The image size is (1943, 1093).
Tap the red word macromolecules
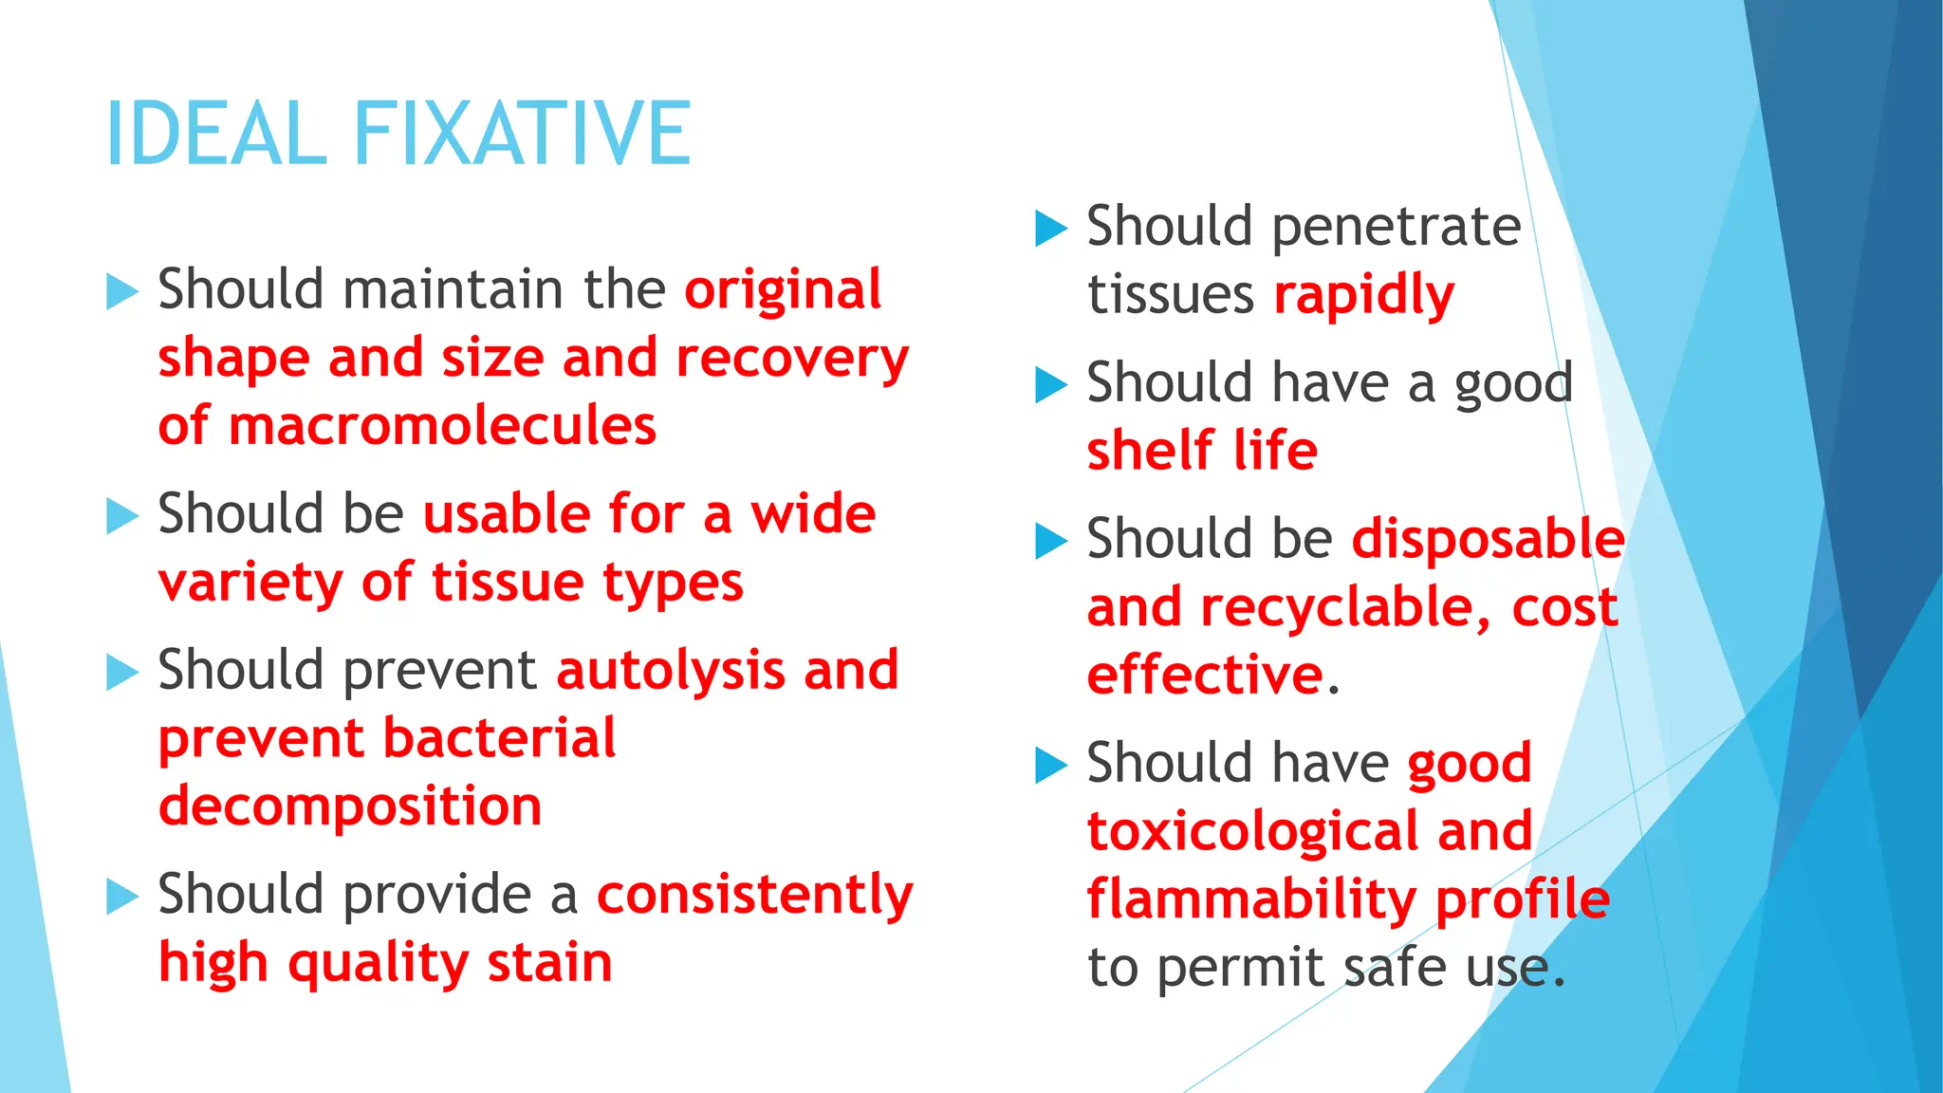[x=442, y=425]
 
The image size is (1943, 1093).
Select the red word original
[x=783, y=289]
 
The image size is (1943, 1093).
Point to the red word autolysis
[x=670, y=670]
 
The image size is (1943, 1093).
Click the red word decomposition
[x=350, y=806]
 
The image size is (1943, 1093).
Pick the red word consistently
[x=755, y=895]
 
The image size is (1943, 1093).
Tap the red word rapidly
[x=1363, y=296]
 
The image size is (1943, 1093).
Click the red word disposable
[x=1488, y=539]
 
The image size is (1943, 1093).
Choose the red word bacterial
[x=500, y=738]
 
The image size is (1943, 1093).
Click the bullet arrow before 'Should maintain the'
[x=122, y=291]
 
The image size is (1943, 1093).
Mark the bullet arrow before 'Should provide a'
[x=122, y=897]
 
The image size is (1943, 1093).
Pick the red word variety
[x=250, y=583]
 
